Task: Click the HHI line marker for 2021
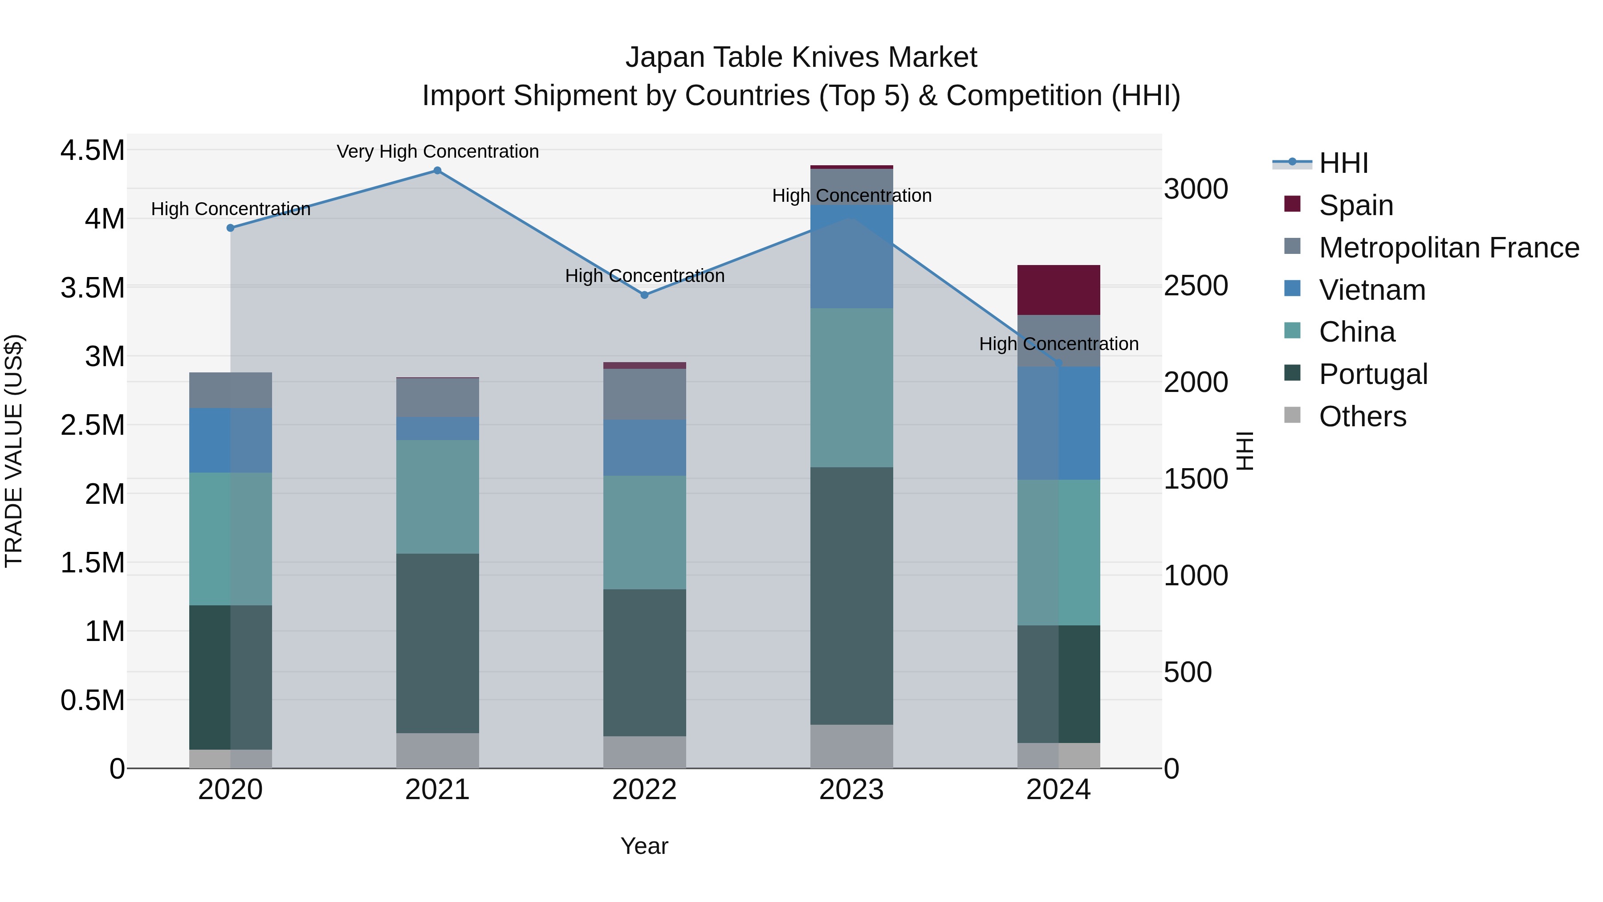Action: pos(437,171)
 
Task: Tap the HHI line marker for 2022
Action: pos(645,295)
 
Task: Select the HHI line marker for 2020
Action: pos(230,228)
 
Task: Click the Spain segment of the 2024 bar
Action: pos(1058,290)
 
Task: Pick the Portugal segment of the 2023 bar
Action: pos(851,595)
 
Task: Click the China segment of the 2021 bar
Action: pos(437,497)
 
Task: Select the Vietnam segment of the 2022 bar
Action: pos(645,448)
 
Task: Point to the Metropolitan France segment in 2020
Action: pos(230,390)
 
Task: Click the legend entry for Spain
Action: pos(1355,205)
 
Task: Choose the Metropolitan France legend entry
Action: pos(1448,248)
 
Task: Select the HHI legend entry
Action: pos(1343,163)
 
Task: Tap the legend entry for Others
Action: pos(1362,416)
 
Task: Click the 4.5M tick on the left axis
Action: pos(92,151)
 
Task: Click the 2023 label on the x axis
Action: pos(851,790)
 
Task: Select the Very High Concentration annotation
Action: pos(437,151)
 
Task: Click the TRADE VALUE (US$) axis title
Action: pos(14,451)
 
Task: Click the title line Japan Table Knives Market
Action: pos(801,57)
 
